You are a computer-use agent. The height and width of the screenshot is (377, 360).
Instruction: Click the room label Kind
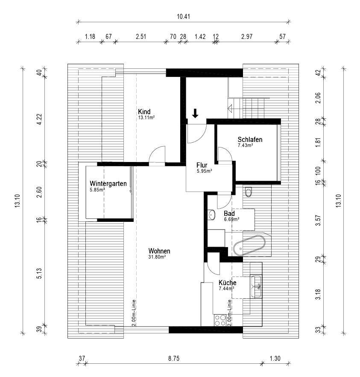(145, 112)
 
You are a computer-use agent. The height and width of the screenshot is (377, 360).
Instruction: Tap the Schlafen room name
(250, 140)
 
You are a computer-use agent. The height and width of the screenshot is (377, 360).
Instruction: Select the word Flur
(202, 165)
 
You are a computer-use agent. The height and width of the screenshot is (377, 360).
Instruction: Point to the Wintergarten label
(108, 184)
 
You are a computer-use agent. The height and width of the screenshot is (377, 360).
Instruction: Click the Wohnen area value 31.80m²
(157, 257)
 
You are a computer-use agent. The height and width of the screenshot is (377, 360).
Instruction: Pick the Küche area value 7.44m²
(226, 289)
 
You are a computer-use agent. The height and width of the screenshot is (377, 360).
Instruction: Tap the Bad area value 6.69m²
(231, 219)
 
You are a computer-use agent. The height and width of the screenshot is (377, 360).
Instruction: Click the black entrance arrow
(195, 113)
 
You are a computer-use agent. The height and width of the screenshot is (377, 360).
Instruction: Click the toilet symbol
(249, 192)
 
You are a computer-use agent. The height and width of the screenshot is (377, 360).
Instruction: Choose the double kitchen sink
(257, 286)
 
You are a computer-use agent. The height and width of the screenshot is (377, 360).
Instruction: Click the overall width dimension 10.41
(183, 17)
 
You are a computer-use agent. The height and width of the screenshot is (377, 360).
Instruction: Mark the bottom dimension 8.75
(173, 359)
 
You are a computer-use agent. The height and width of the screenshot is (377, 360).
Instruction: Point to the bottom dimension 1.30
(275, 359)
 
